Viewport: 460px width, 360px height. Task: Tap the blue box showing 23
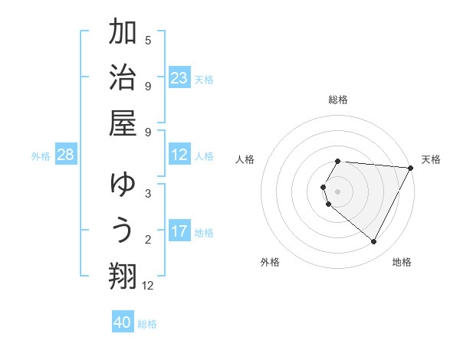(179, 78)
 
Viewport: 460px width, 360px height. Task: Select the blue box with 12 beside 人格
(179, 155)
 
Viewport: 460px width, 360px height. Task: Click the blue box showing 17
(179, 231)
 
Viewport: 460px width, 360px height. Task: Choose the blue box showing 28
(65, 155)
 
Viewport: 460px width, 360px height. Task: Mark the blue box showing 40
(123, 322)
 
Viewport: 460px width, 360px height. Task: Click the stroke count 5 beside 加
(148, 41)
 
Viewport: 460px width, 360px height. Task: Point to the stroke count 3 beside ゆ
(148, 194)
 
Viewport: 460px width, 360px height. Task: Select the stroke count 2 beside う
(148, 240)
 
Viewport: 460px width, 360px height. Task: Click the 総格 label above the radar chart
(338, 100)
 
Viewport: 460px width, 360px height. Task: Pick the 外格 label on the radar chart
(270, 262)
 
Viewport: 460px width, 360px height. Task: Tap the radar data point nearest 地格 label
(374, 242)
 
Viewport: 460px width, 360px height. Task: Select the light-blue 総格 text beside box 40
(147, 324)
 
